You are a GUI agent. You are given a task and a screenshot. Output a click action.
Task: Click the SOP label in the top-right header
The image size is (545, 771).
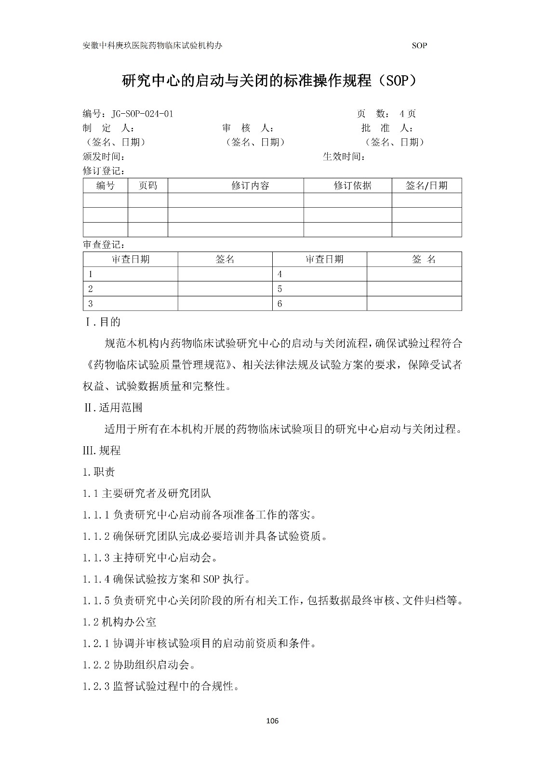419,46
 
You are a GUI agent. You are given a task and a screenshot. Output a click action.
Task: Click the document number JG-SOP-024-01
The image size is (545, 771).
142,114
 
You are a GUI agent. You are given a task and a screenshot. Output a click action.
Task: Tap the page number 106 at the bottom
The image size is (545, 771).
272,721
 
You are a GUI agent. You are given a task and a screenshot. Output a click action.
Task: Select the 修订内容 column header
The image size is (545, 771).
251,186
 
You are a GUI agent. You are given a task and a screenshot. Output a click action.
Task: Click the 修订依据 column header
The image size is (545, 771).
353,186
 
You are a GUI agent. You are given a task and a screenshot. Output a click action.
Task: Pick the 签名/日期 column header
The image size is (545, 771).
426,186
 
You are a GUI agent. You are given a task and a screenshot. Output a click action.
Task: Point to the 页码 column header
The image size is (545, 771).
148,186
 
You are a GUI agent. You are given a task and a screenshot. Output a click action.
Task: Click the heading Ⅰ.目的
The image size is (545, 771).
103,322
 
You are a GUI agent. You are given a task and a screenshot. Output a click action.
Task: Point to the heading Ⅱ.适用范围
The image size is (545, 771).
113,408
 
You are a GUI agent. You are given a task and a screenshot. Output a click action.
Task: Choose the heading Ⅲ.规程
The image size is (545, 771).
102,451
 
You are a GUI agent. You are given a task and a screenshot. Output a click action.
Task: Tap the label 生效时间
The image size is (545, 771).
344,157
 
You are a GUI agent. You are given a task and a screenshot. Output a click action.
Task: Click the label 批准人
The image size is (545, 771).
387,128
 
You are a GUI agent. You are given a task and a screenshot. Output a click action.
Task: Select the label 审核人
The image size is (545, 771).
248,128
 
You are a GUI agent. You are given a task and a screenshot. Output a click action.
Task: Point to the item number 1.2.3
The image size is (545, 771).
97,686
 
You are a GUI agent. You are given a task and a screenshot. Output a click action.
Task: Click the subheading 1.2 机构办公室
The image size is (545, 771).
120,622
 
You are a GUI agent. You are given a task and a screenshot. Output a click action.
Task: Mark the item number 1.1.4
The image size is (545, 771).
97,579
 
